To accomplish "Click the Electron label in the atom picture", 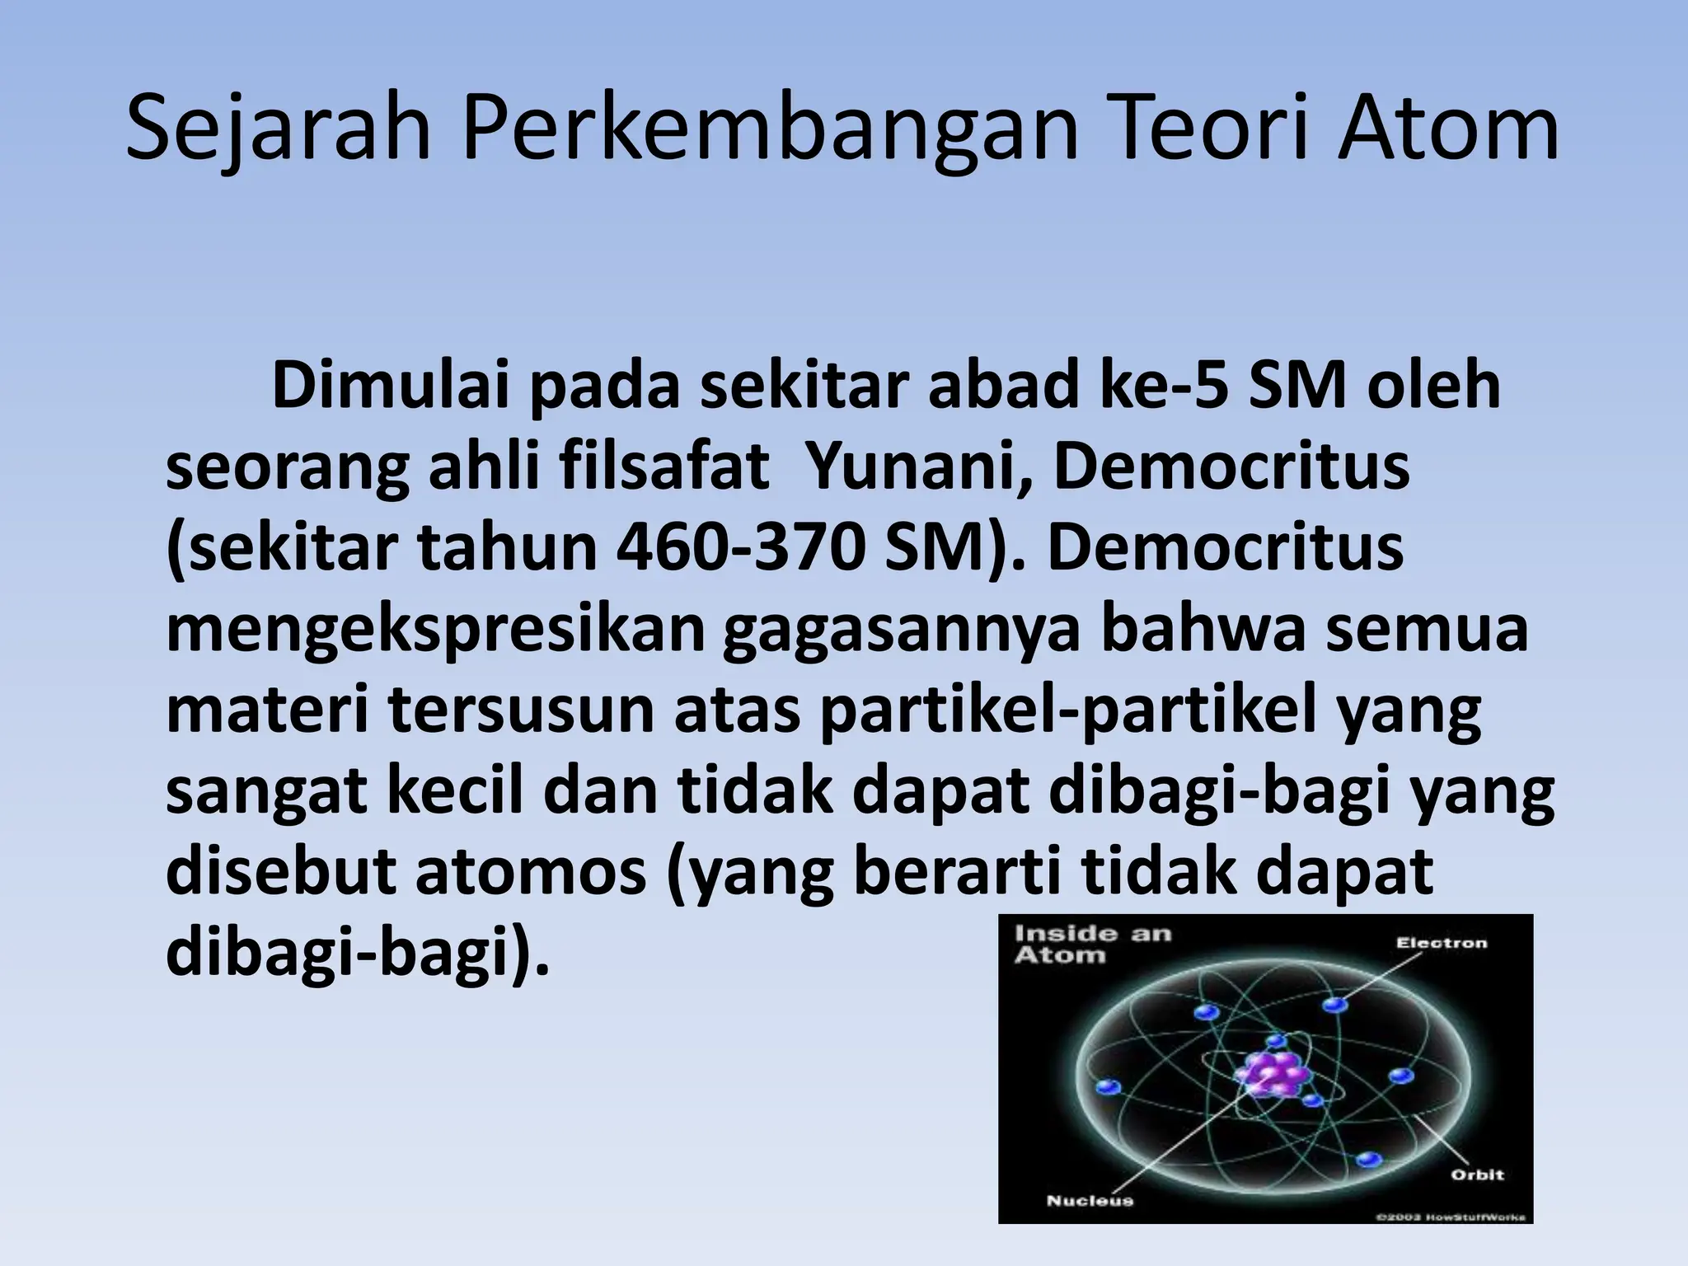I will click(x=1441, y=942).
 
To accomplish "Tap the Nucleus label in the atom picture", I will click(x=1090, y=1200).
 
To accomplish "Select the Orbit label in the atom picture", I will click(x=1477, y=1175).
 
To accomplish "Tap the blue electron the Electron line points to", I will click(x=1335, y=1004).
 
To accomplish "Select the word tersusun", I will click(x=523, y=710).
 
